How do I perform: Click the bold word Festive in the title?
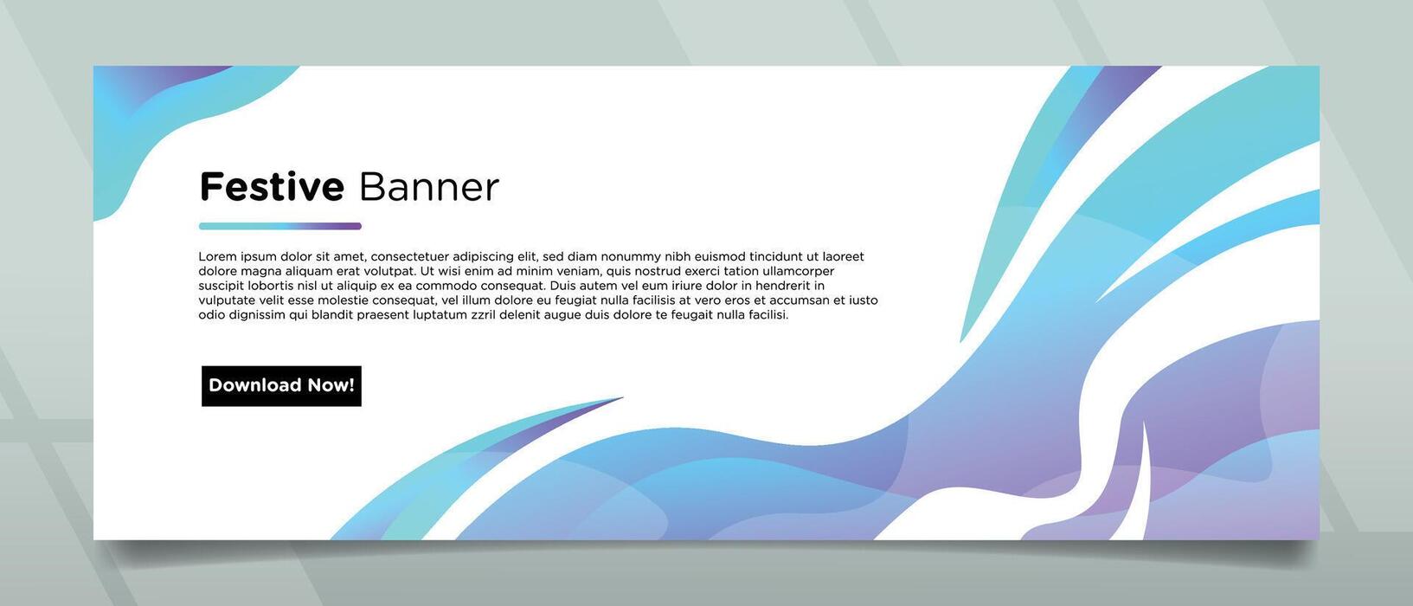coord(272,186)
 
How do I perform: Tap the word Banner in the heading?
coord(429,186)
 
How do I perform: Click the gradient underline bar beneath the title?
coord(280,226)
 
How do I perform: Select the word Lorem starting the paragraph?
coord(218,256)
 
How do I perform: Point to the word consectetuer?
coord(409,256)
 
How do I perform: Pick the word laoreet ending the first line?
coord(843,256)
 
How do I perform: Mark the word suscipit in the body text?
coord(221,286)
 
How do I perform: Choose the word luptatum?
coord(440,315)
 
